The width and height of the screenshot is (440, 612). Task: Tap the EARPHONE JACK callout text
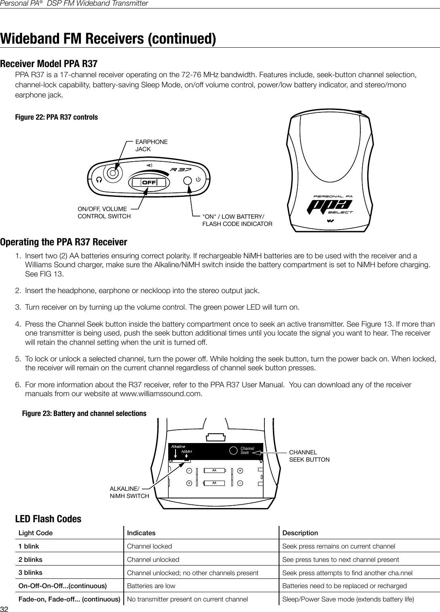151,146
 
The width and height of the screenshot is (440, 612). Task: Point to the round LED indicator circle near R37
187,180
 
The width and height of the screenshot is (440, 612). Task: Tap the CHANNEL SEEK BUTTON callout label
309,456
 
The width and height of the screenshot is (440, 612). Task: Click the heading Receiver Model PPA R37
49,64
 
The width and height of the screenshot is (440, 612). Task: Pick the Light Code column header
36,533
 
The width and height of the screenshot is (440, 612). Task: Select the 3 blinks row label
30,572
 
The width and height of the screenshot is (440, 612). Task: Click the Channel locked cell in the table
149,546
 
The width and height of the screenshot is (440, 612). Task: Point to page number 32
4,609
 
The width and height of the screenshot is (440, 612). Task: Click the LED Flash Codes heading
48,519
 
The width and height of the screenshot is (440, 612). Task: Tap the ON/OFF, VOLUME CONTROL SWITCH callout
104,212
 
